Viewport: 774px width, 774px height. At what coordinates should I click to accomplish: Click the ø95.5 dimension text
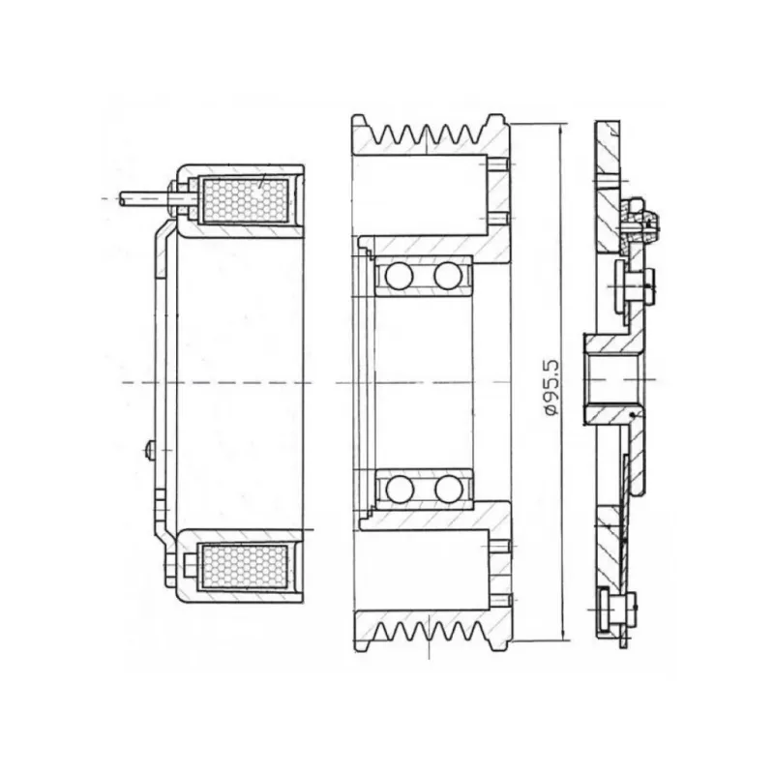[x=551, y=388]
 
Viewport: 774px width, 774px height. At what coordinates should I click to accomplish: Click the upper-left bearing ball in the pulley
[x=399, y=276]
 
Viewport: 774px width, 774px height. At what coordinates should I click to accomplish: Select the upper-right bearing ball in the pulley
[x=448, y=276]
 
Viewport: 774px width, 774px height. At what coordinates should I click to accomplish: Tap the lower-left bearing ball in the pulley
[x=400, y=489]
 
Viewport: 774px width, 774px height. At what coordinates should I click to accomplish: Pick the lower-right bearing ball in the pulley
[x=448, y=489]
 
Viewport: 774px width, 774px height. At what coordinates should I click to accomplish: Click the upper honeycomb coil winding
[x=246, y=200]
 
